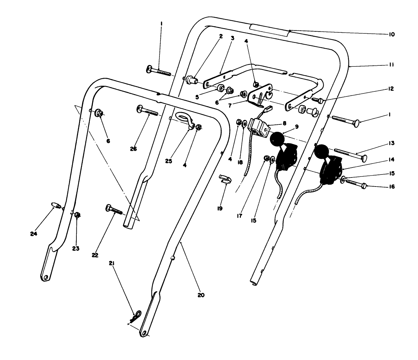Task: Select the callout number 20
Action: tap(201, 295)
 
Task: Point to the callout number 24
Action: tap(33, 234)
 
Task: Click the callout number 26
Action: tap(133, 149)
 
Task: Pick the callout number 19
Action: tap(220, 208)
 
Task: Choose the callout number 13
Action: tap(391, 143)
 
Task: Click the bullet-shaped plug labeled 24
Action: tap(55, 205)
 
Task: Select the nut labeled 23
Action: tap(77, 215)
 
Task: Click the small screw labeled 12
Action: tap(318, 99)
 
